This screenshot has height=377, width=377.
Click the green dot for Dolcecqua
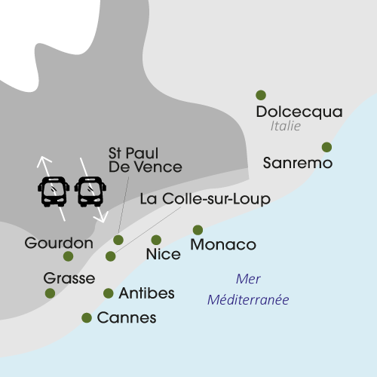pos(261,95)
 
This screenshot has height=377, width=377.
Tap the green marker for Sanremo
pos(326,147)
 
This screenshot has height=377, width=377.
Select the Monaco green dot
pos(198,230)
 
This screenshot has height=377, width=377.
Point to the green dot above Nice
pos(157,240)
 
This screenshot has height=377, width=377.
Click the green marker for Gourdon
pos(69,256)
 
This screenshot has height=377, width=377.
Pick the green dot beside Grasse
pos(50,293)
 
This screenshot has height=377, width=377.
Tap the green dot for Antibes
pos(109,293)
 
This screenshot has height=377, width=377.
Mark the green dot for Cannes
pos(87,318)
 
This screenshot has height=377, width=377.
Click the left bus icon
pos(54,192)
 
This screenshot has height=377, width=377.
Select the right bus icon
pos(91,192)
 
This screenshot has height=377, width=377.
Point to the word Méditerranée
pos(249,300)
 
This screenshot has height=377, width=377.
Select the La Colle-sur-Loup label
pos(205,199)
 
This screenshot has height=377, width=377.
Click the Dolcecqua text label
pos(299,112)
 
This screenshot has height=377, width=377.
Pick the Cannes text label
pos(127,318)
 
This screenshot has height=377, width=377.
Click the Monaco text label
pos(223,245)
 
